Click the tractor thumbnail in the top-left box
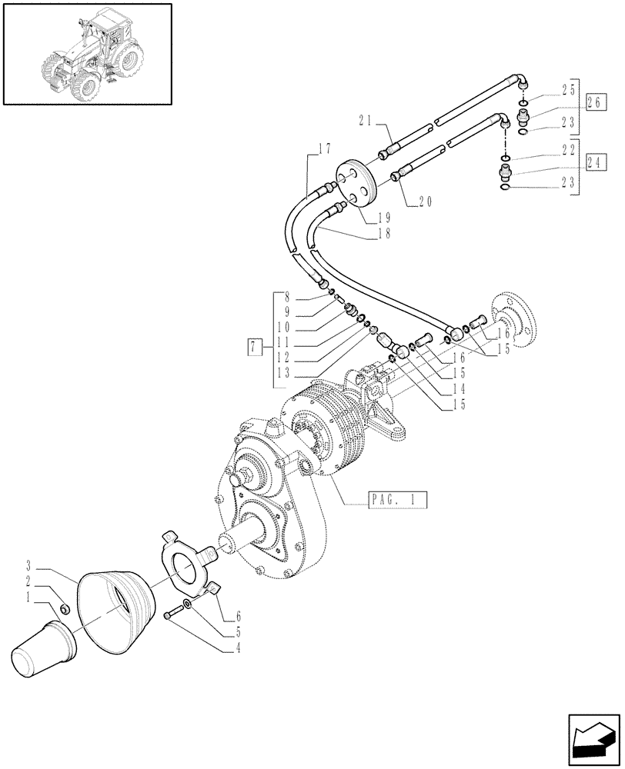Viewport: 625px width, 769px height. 86,54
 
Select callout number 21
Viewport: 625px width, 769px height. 366,121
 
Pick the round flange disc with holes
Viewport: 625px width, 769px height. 355,185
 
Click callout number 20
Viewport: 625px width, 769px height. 426,202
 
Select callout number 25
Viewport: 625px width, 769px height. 569,90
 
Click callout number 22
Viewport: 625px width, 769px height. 569,149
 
